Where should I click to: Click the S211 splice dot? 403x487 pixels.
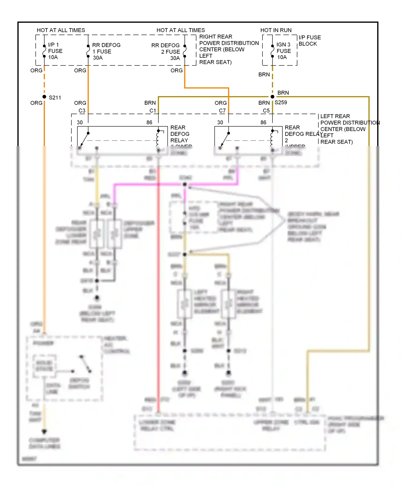coord(44,97)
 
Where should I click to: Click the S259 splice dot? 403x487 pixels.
coord(272,97)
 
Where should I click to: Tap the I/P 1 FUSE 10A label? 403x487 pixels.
coord(55,51)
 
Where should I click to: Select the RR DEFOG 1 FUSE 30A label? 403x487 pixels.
coord(106,51)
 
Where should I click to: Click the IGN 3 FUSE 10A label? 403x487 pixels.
coord(283,51)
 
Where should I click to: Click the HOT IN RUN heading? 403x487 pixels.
coord(276,30)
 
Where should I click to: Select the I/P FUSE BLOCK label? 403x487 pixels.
coord(310,41)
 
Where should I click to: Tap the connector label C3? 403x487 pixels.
coord(82,111)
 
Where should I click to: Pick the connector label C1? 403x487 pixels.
coord(153,111)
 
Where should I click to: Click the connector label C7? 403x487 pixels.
coord(222,111)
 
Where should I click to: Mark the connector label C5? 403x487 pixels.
coord(266,111)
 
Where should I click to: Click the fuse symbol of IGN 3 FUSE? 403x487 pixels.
coord(272,51)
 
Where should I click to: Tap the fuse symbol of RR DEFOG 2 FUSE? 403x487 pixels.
coord(185,51)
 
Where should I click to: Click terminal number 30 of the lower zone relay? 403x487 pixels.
coord(80,122)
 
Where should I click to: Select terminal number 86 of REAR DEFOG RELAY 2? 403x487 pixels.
coord(263,122)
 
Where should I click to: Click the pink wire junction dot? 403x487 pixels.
coord(185,184)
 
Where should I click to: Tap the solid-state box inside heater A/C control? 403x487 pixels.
coord(44,366)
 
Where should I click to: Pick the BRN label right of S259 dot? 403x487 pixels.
coord(283,93)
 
